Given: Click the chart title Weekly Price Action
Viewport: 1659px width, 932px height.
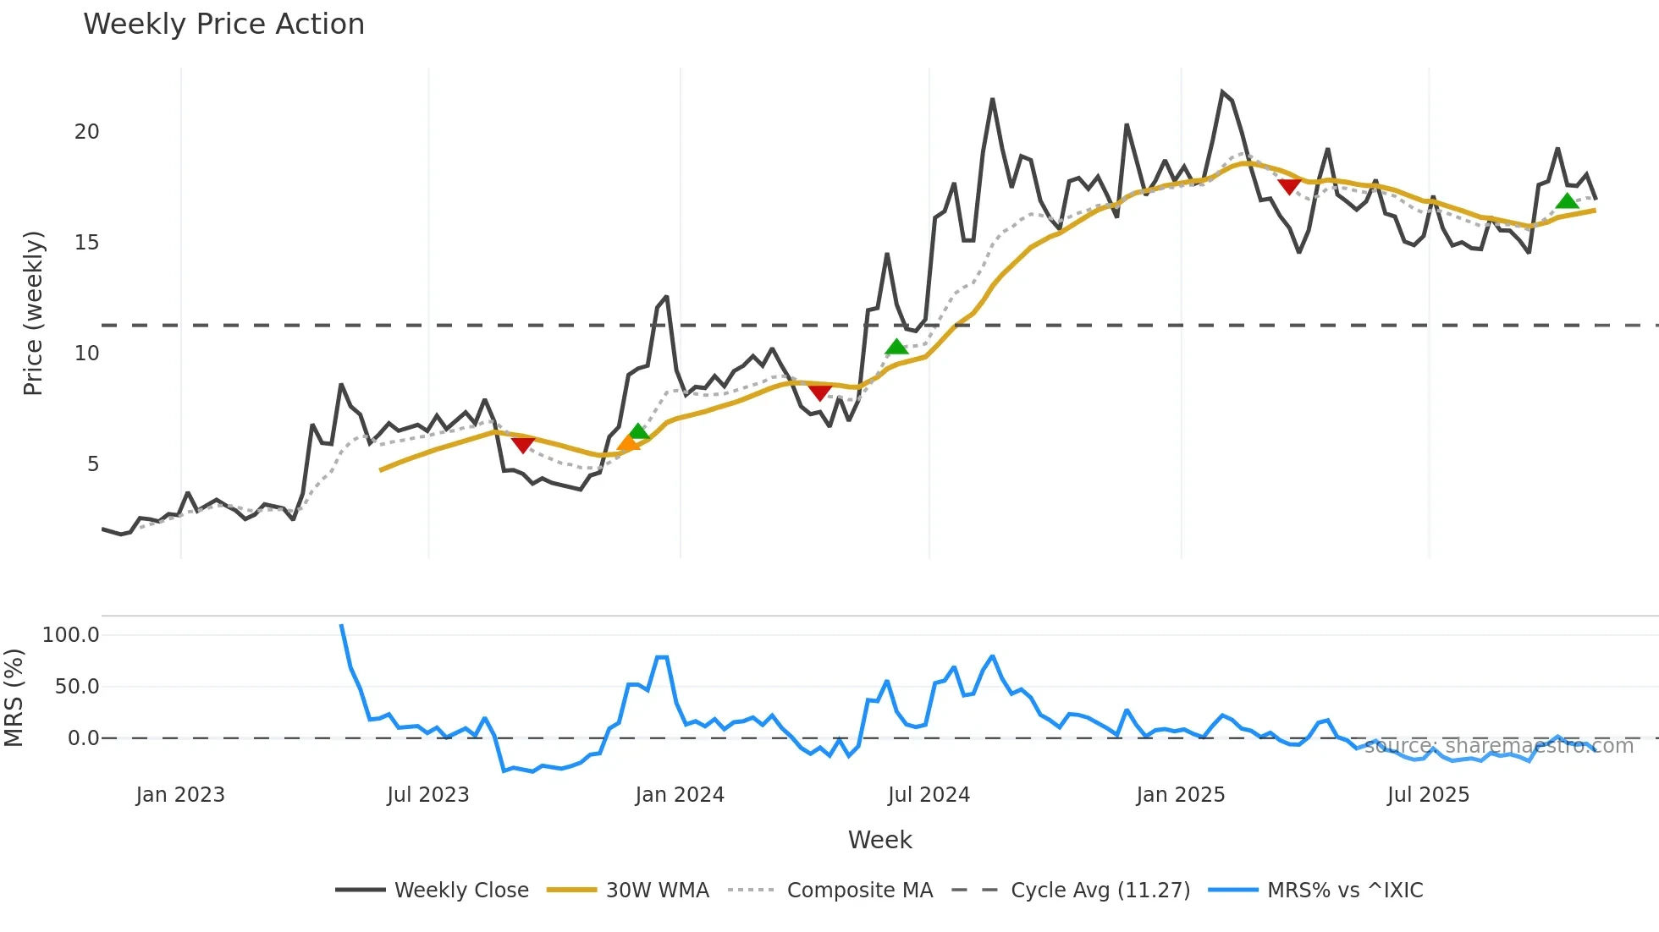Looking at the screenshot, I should (223, 25).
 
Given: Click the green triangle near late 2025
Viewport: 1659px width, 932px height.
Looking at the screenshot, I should (1567, 201).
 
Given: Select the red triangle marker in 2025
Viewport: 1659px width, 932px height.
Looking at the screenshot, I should (1289, 186).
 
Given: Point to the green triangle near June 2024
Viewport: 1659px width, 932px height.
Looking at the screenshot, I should (896, 347).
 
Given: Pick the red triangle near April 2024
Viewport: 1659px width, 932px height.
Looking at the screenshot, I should (819, 392).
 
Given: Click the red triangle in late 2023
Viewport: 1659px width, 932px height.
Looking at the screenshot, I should (523, 445).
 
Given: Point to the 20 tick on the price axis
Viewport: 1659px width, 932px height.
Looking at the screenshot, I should (86, 132).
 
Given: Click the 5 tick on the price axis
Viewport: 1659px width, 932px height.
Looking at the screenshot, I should (92, 464).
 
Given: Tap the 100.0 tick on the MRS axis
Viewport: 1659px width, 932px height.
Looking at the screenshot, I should (71, 635).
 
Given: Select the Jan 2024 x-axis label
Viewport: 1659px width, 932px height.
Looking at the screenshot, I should (680, 795).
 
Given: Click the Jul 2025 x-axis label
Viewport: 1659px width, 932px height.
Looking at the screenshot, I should (1428, 795).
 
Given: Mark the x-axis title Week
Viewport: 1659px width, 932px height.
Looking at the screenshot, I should (879, 840).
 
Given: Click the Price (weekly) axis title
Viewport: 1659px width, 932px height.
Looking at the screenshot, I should (33, 313).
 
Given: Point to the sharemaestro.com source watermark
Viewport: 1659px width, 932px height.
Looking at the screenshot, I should (1498, 746).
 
